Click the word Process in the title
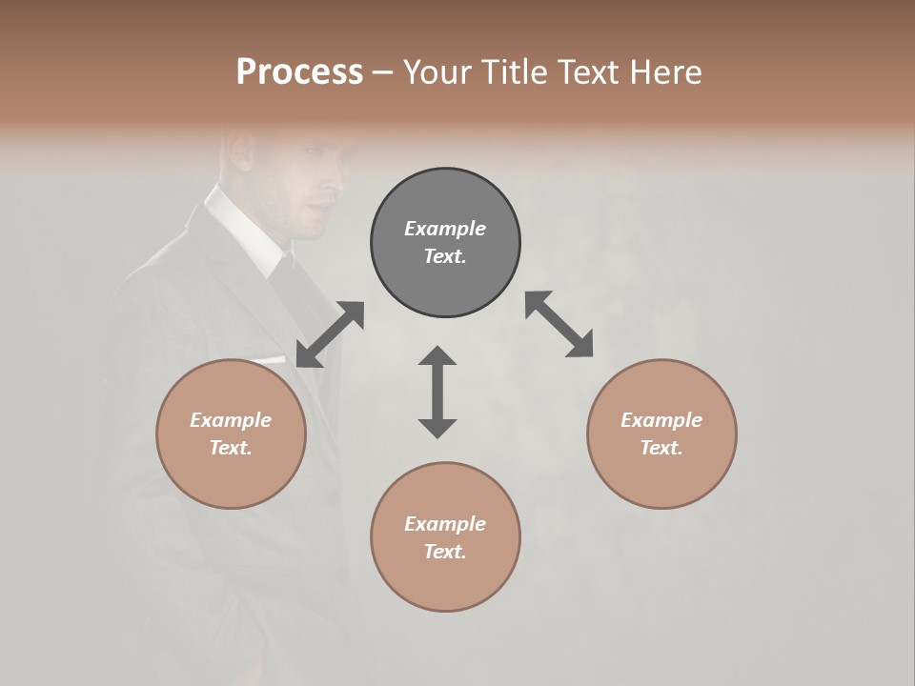[299, 72]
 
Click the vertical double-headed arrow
[437, 392]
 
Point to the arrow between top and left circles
[330, 333]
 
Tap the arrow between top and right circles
[559, 324]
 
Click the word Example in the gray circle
[445, 229]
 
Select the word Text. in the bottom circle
[445, 552]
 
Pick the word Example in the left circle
[231, 420]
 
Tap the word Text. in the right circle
[661, 448]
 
